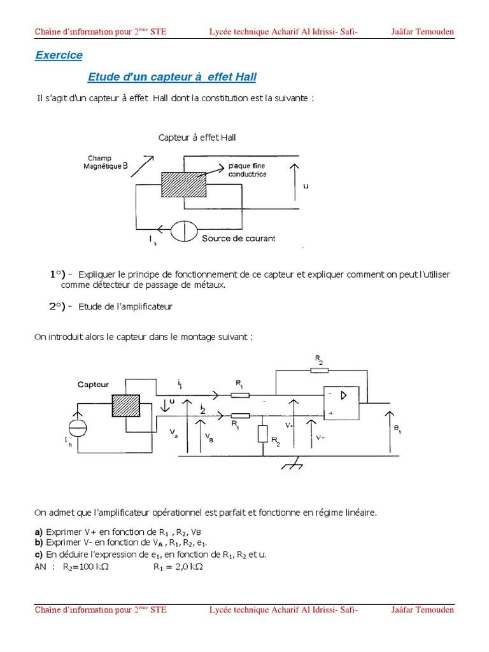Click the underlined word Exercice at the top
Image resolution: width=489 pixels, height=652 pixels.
point(59,55)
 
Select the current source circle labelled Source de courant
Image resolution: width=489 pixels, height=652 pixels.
point(182,230)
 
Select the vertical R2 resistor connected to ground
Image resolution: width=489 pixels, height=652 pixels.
point(263,434)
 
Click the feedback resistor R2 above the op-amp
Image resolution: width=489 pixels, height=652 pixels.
point(318,369)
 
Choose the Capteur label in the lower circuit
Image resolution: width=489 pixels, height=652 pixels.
point(94,385)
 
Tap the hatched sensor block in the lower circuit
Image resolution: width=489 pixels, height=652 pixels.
point(125,406)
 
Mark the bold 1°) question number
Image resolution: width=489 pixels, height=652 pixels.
point(60,274)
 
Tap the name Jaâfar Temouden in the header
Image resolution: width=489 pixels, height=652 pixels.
point(422,32)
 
